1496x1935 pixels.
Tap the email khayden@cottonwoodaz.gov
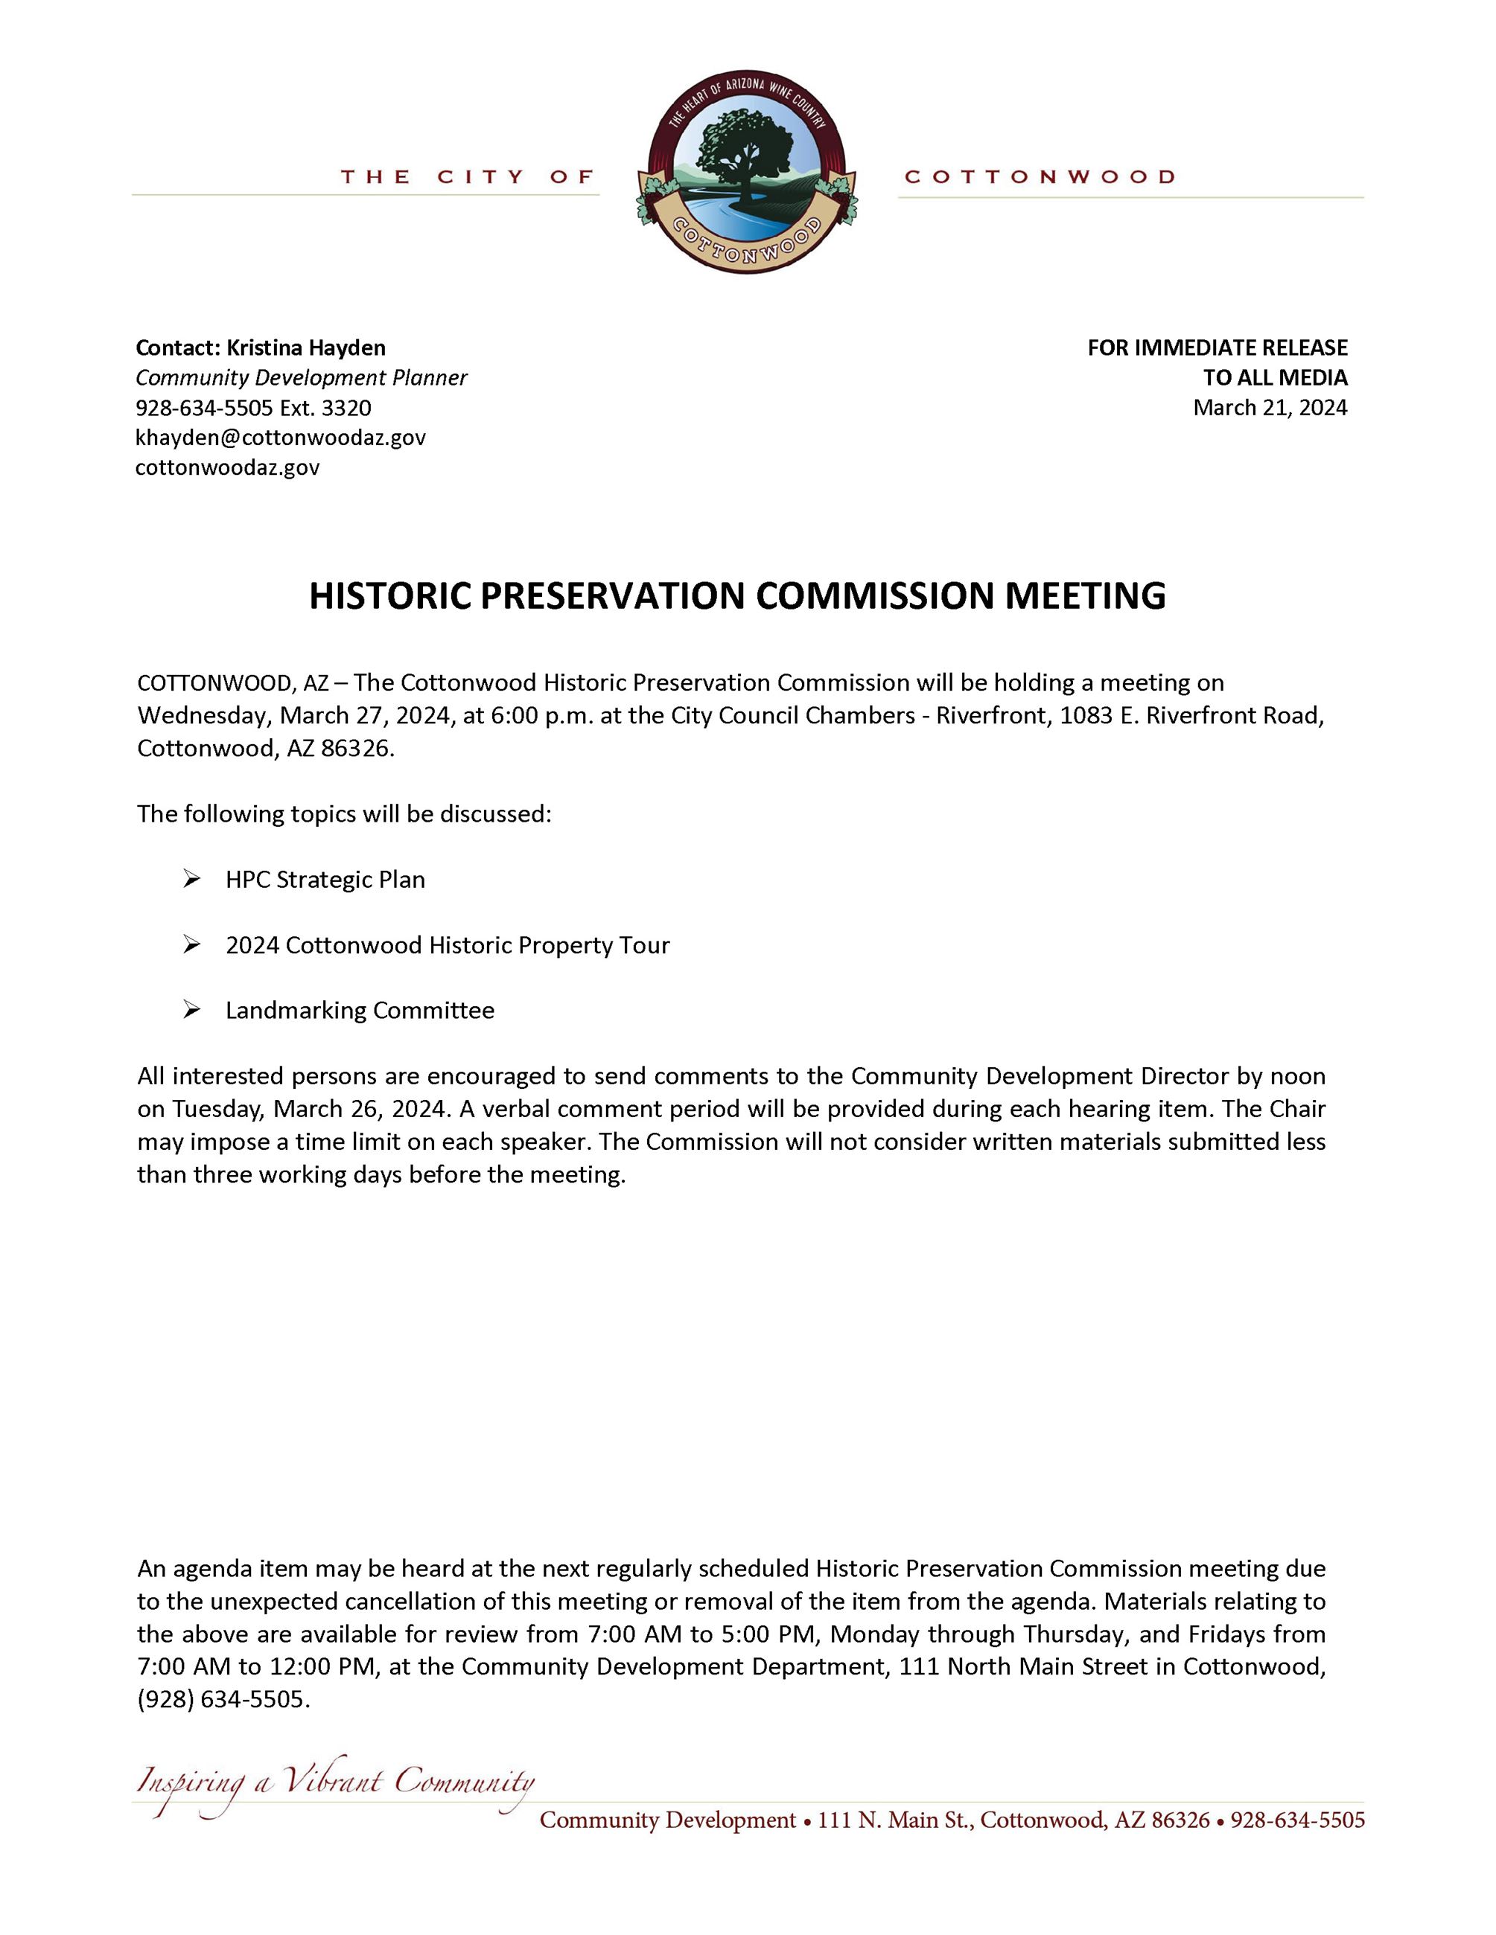pyautogui.click(x=280, y=438)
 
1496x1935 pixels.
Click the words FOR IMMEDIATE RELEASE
pyautogui.click(x=1217, y=348)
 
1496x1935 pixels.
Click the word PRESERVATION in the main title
pyautogui.click(x=614, y=595)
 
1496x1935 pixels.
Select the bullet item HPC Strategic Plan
pyautogui.click(x=325, y=880)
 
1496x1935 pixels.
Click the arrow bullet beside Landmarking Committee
pyautogui.click(x=191, y=1010)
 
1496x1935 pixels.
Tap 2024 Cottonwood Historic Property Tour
pyautogui.click(x=448, y=945)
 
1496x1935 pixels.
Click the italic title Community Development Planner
pyautogui.click(x=302, y=377)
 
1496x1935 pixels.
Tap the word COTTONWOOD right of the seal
pyautogui.click(x=1040, y=177)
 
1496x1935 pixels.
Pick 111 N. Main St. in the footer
pyautogui.click(x=894, y=1820)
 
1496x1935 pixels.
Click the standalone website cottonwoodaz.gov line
pyautogui.click(x=227, y=468)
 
